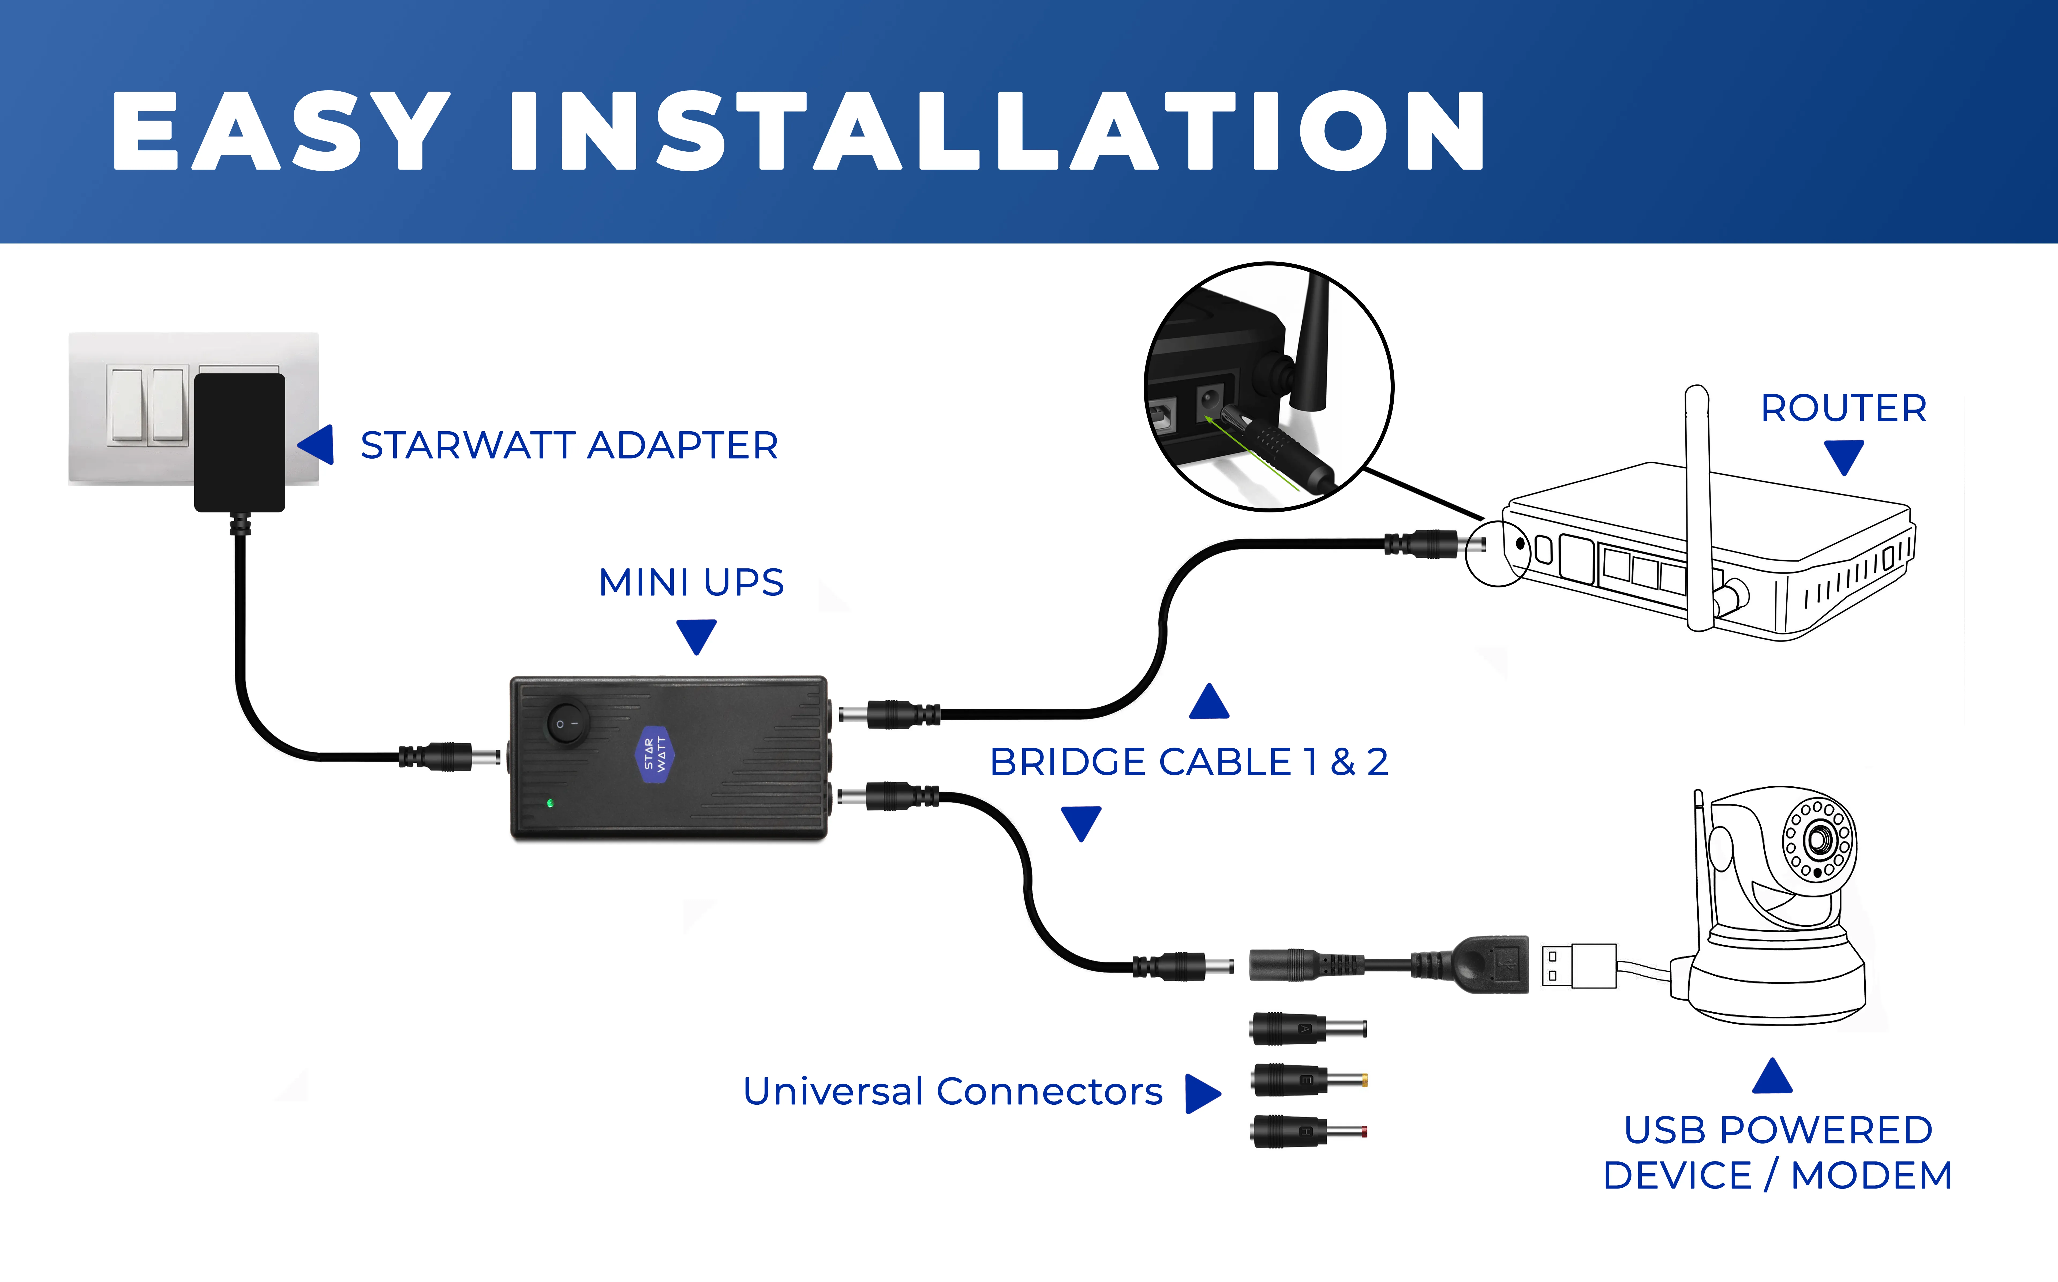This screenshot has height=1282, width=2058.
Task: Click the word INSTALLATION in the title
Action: pos(996,132)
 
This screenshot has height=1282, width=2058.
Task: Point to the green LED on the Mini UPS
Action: pos(550,802)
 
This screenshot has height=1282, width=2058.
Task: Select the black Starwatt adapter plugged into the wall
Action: pos(240,443)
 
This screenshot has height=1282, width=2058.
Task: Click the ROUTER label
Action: pos(1843,409)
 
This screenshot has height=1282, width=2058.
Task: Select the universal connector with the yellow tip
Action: pos(1308,1080)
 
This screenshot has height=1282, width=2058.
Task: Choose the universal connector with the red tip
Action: pos(1308,1131)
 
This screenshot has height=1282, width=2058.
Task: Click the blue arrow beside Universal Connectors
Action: pos(1202,1093)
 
